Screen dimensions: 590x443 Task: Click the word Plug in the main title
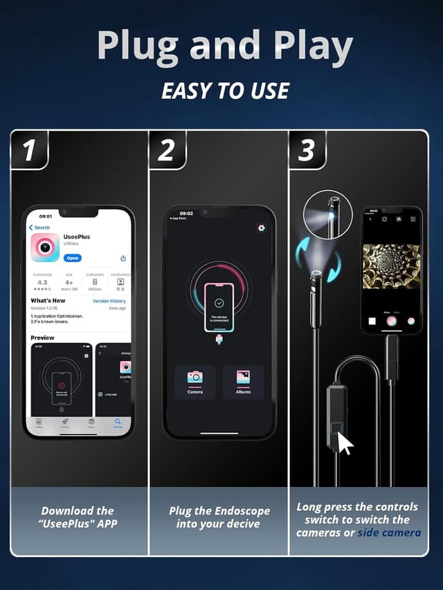136,46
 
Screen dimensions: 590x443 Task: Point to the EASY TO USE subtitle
225,91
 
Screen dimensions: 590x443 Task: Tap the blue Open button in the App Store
73,258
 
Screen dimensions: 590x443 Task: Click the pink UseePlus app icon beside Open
45,248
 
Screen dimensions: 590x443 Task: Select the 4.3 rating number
42,282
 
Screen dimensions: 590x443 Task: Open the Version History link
109,302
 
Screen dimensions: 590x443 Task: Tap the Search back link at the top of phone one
40,228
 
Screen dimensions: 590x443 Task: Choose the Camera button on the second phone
195,382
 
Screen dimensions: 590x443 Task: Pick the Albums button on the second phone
243,382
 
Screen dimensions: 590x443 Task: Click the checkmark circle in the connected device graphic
219,303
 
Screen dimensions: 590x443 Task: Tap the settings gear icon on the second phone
262,228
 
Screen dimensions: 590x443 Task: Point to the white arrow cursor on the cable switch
344,443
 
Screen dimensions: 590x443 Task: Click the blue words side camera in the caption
389,533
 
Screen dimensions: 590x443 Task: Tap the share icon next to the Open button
123,258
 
